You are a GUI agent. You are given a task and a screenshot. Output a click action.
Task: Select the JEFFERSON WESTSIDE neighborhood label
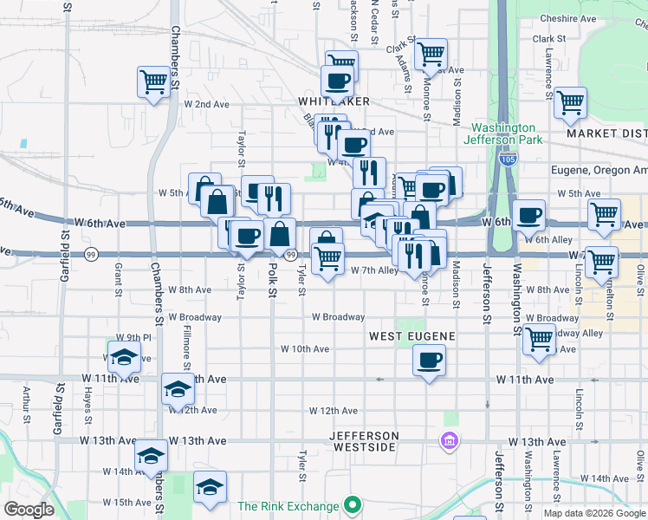(364, 441)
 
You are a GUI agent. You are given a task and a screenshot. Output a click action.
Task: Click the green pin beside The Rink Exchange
(352, 504)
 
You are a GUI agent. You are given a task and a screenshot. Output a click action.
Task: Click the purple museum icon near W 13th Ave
(450, 443)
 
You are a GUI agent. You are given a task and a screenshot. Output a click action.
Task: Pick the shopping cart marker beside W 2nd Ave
(153, 82)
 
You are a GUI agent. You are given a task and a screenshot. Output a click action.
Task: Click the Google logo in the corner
(29, 510)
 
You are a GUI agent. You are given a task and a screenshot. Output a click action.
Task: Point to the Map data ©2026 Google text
(593, 513)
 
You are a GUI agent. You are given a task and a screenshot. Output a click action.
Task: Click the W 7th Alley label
(375, 270)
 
